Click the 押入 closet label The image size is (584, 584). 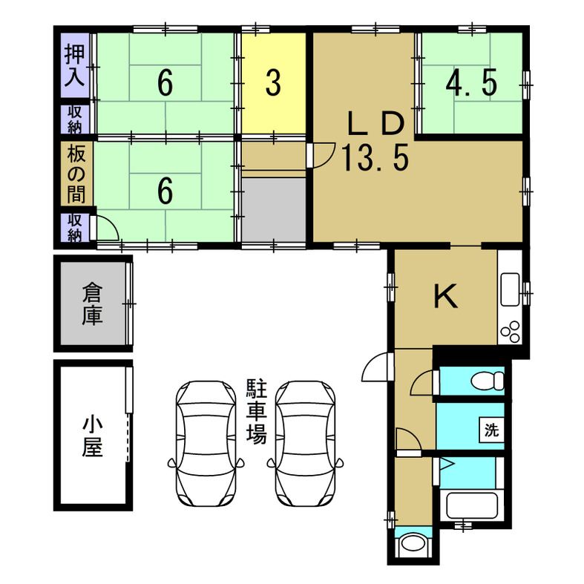(x=75, y=65)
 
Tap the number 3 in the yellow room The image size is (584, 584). (x=273, y=83)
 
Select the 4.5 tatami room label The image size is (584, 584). (x=471, y=83)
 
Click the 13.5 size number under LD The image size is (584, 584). (x=375, y=158)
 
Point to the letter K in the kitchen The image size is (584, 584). (x=446, y=296)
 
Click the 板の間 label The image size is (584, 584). (x=76, y=174)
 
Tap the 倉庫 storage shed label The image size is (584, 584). (x=92, y=304)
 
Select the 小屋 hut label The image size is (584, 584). (x=92, y=436)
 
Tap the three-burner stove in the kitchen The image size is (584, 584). (x=511, y=332)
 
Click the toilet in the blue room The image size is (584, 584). (x=488, y=381)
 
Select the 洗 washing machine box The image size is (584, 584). (x=492, y=430)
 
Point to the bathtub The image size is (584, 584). (x=472, y=505)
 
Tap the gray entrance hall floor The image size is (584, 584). (x=274, y=210)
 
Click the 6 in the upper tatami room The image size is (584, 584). (x=165, y=83)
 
